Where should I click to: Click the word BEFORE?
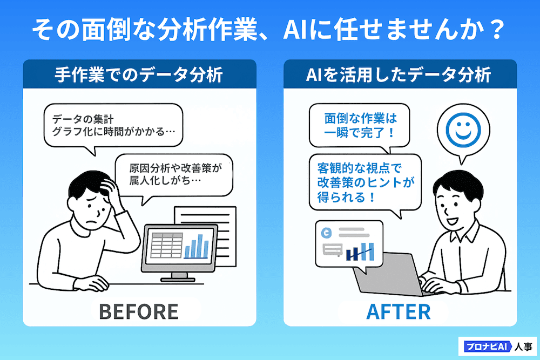click(x=138, y=311)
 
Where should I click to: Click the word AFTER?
click(x=399, y=311)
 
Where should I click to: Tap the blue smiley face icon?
click(x=463, y=130)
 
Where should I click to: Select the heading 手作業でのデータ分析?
click(x=139, y=74)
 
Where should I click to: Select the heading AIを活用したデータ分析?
click(x=399, y=74)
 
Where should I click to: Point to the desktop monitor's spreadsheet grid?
click(x=167, y=245)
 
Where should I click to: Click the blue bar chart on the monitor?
click(x=197, y=247)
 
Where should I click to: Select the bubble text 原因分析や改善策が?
click(x=175, y=168)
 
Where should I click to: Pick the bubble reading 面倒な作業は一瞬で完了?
click(x=360, y=126)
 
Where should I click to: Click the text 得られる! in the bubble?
click(x=346, y=198)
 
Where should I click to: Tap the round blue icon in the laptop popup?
click(x=326, y=233)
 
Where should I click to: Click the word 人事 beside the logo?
click(x=523, y=347)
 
